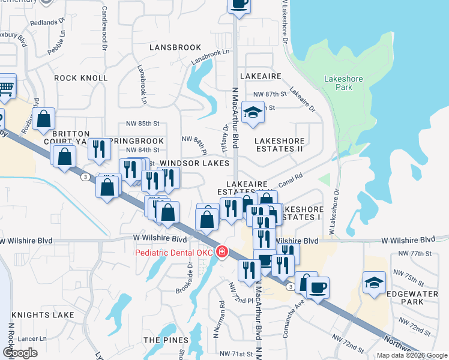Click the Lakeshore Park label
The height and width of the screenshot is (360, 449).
(342, 83)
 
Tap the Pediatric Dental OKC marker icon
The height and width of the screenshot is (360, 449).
(223, 251)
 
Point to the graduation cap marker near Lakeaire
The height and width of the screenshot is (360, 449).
(253, 112)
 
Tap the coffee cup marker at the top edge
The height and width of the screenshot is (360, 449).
(239, 4)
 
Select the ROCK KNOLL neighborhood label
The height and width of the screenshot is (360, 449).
(81, 78)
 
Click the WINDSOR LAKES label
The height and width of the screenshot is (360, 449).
(194, 163)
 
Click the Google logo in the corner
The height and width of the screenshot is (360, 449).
(20, 353)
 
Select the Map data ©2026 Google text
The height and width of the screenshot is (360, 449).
(411, 355)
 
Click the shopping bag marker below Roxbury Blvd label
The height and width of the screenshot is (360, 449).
(44, 119)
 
